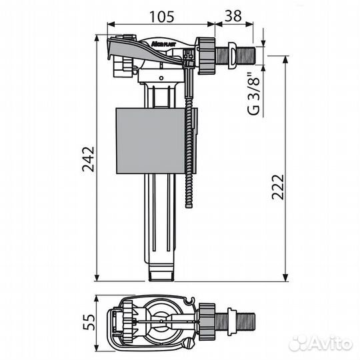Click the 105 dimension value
click(161, 17)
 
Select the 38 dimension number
click(233, 16)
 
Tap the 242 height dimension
click(88, 159)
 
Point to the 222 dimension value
click(278, 187)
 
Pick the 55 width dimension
click(89, 322)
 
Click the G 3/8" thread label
click(253, 94)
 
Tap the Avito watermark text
click(321, 344)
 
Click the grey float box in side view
click(151, 141)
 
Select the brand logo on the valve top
click(163, 44)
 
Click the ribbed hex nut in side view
click(207, 56)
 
